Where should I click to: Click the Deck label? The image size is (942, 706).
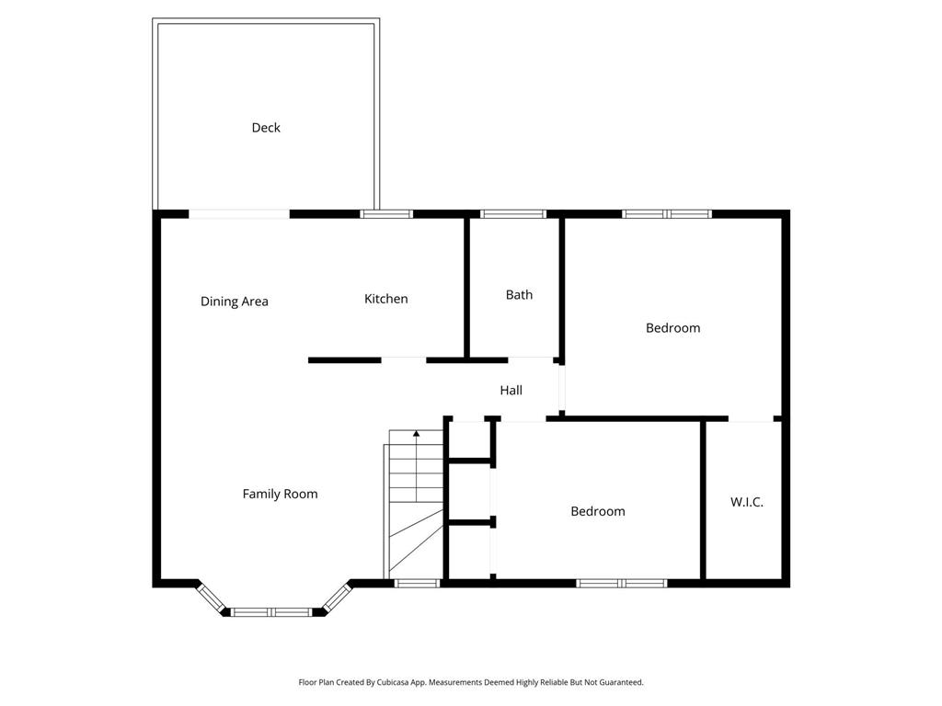(x=266, y=128)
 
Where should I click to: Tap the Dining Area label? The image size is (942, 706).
(x=235, y=302)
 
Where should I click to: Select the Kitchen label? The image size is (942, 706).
(x=385, y=299)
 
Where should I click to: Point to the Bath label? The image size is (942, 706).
(x=519, y=295)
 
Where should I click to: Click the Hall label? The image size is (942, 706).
(x=511, y=390)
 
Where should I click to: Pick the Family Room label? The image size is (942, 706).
(x=280, y=494)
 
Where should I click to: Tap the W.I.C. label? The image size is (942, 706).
(x=747, y=503)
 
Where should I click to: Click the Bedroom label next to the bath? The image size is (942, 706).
(x=672, y=328)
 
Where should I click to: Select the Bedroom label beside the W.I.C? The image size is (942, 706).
(x=598, y=511)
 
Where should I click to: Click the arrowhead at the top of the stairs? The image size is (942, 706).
(x=417, y=433)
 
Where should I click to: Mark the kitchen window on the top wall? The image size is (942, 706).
(x=386, y=214)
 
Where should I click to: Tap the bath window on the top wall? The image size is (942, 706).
(x=513, y=214)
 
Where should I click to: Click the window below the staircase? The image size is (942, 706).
(x=417, y=583)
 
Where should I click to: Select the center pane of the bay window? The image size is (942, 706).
(x=271, y=612)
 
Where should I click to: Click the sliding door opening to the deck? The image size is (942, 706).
(x=239, y=214)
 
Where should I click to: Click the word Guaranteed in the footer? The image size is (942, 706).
(x=622, y=683)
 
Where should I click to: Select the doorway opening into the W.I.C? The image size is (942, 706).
(x=751, y=419)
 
